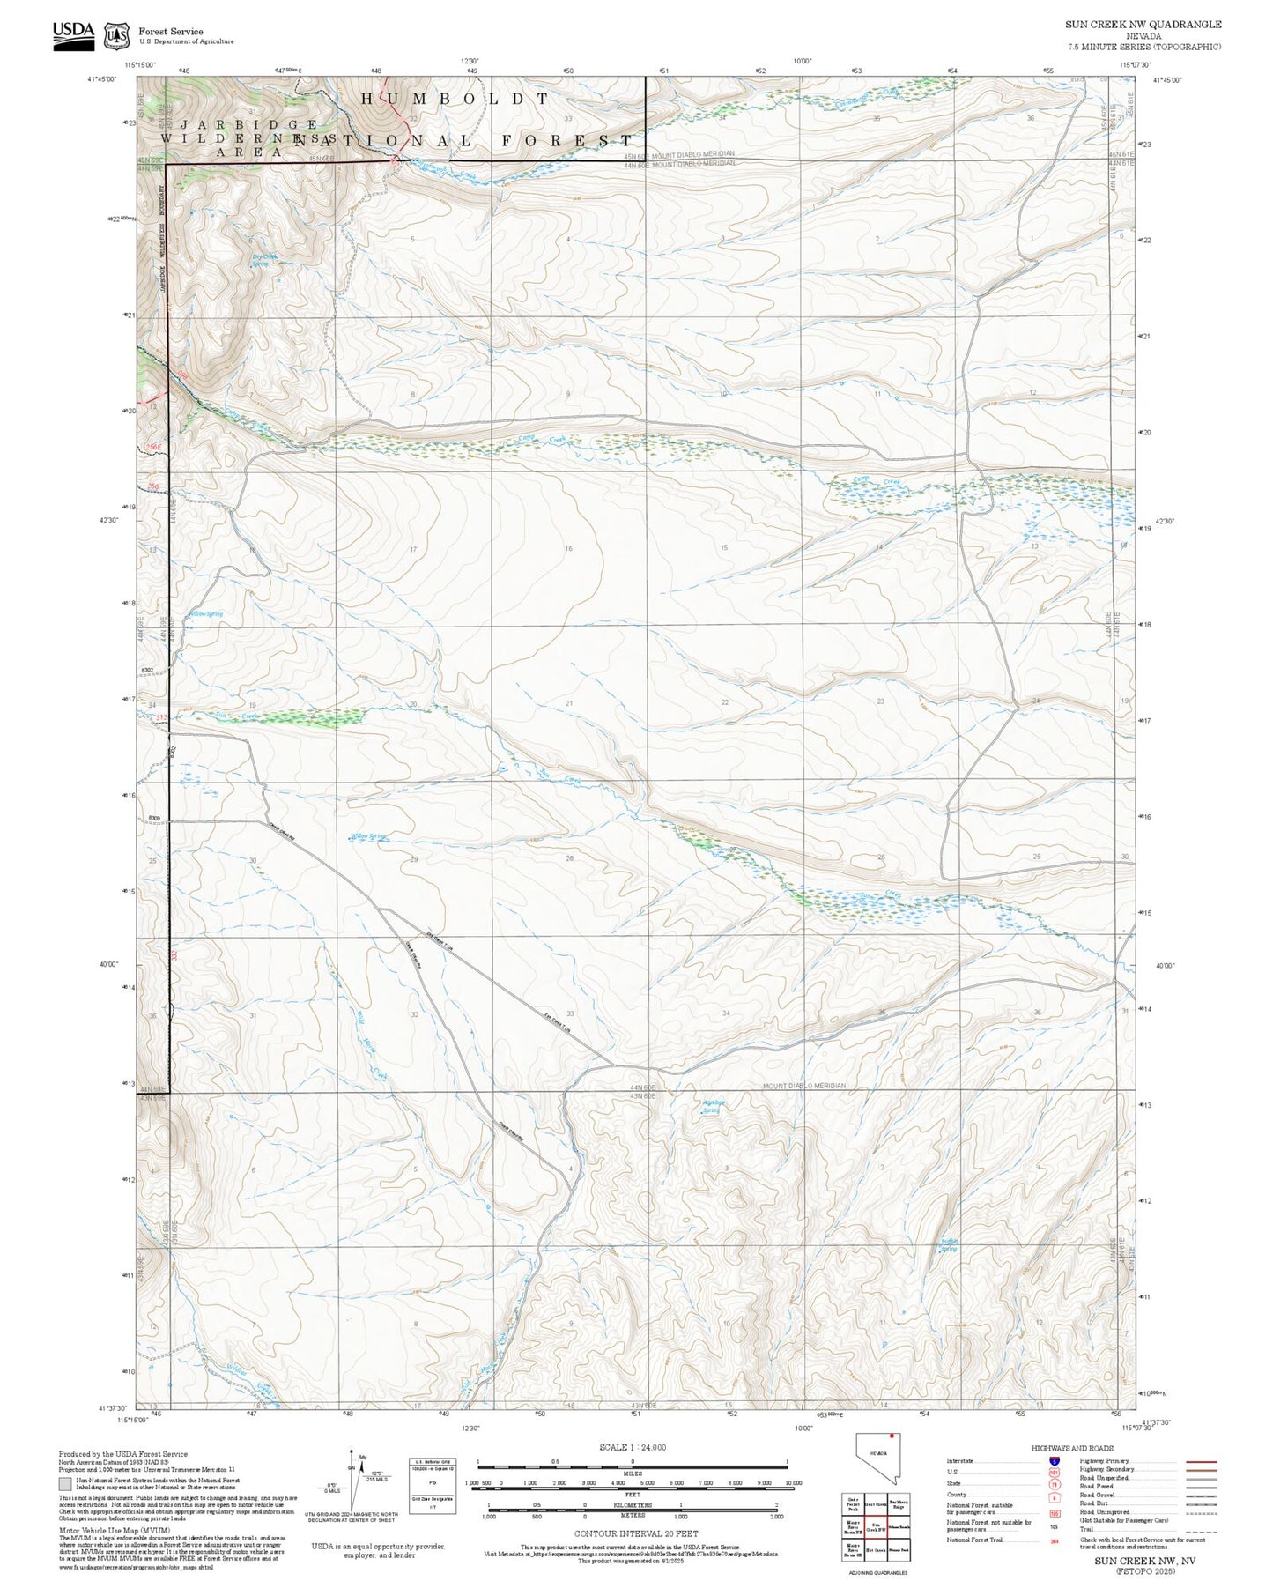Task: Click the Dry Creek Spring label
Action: click(x=264, y=260)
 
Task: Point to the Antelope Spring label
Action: click(x=710, y=1106)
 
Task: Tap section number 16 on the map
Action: click(x=569, y=549)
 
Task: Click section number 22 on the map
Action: click(x=725, y=702)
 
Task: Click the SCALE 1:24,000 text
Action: click(x=632, y=1447)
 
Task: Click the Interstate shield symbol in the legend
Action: click(x=1054, y=1460)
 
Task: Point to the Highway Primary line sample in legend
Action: click(x=1202, y=1460)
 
